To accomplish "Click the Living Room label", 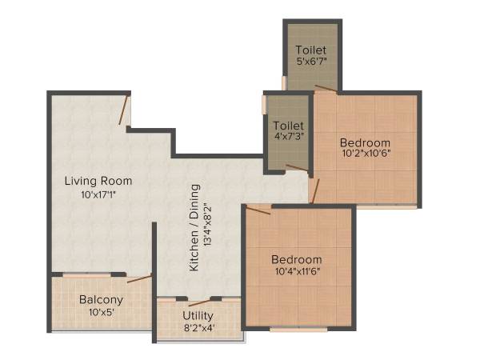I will [98, 181].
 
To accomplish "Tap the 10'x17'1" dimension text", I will [98, 194].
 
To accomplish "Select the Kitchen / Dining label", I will [194, 228].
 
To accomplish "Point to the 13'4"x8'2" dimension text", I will [210, 228].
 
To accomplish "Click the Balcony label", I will [101, 300].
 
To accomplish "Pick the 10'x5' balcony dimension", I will [101, 313].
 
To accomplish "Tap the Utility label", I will [198, 315].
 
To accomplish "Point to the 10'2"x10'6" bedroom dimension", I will [366, 152].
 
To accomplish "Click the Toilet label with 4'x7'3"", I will [287, 126].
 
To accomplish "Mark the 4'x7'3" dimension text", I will [287, 138].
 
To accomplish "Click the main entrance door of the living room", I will [124, 110].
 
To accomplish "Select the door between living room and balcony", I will [139, 278].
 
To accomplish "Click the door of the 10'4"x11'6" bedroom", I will [258, 210].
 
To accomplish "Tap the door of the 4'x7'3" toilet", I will [297, 168].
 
